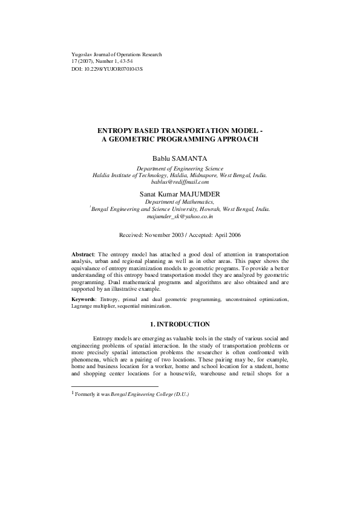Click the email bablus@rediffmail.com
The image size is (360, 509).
(x=179, y=181)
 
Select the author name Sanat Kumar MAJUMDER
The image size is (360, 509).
(x=179, y=193)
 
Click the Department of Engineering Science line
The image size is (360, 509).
(x=179, y=168)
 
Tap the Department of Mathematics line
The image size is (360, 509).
(x=179, y=201)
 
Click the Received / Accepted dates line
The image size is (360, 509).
(x=179, y=234)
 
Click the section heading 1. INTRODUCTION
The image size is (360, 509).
(x=179, y=324)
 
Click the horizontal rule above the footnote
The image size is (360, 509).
(x=114, y=386)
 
